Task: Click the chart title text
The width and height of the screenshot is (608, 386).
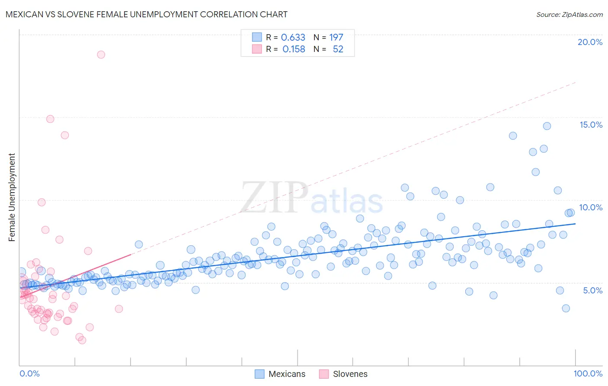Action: click(x=146, y=14)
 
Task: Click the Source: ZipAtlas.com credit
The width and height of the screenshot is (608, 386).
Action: click(x=569, y=14)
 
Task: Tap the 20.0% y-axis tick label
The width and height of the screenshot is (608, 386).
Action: click(x=590, y=42)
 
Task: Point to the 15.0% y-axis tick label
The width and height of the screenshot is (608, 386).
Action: click(x=591, y=125)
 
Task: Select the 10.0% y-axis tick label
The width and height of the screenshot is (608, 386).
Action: click(x=591, y=207)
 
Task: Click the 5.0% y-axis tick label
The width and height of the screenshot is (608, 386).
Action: click(x=592, y=290)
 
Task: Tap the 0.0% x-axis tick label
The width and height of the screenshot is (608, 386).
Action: click(x=29, y=373)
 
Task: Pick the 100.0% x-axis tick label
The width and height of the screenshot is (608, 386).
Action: click(x=588, y=373)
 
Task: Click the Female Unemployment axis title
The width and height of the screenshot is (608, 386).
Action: click(x=12, y=197)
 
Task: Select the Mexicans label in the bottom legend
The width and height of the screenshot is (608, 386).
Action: click(x=287, y=374)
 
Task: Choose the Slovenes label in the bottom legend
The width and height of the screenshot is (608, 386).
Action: click(x=350, y=374)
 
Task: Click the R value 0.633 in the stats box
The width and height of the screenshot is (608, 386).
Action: click(x=293, y=37)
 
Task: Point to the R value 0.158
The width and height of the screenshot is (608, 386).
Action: click(x=294, y=49)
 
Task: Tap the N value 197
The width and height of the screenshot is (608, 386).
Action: click(x=336, y=37)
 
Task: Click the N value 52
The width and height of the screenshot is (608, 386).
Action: click(x=338, y=49)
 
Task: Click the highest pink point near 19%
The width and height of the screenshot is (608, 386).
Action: click(x=101, y=55)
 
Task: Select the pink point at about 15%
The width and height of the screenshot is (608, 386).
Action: click(x=50, y=119)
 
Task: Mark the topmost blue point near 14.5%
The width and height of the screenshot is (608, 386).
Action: click(x=547, y=126)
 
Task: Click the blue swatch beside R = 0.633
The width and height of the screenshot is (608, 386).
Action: click(x=257, y=37)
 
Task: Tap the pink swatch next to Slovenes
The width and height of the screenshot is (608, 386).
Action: click(x=324, y=374)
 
